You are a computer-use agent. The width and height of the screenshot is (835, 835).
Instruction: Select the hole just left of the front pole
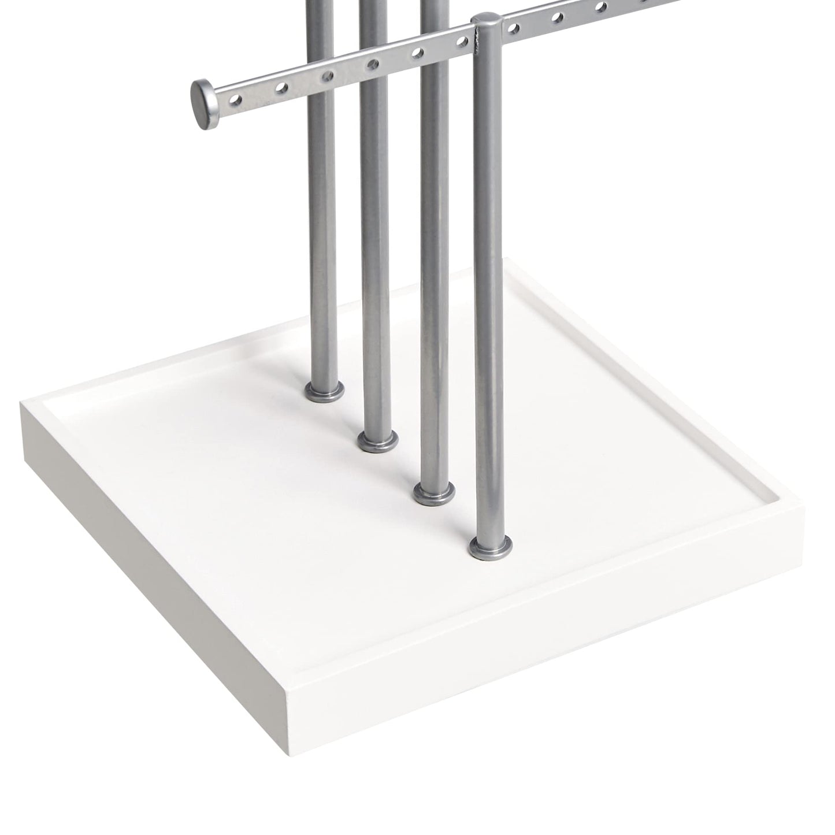461,41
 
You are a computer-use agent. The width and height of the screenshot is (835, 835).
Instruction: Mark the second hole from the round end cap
282,88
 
